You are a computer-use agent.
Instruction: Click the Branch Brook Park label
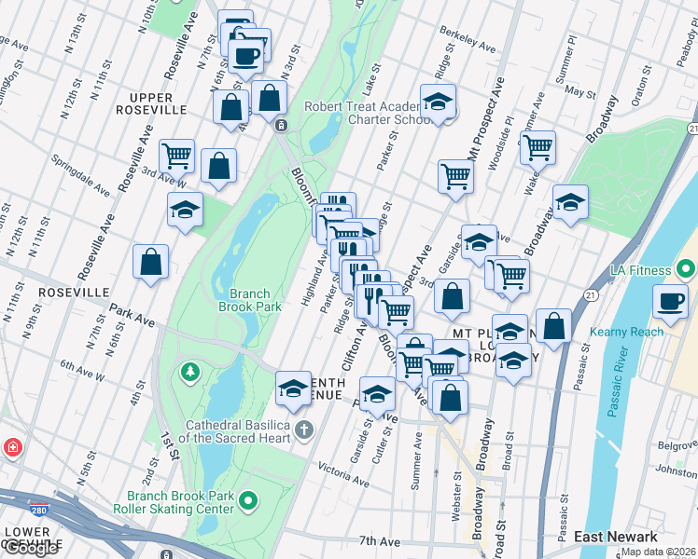point(249,298)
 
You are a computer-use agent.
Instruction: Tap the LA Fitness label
point(641,270)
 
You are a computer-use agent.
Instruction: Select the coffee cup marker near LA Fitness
point(671,300)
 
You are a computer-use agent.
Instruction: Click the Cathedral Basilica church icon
point(303,429)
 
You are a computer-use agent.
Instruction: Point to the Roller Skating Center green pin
point(247,502)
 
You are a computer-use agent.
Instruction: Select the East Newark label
point(615,537)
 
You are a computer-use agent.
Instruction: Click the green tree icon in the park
point(191,373)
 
